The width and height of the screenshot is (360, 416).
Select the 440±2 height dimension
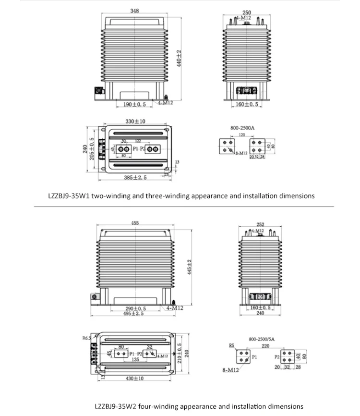pyautogui.click(x=179, y=59)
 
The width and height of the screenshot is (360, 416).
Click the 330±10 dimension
pyautogui.click(x=135, y=122)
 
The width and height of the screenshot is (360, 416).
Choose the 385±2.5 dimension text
pyautogui.click(x=134, y=178)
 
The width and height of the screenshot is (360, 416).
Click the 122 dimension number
pyautogui.click(x=138, y=141)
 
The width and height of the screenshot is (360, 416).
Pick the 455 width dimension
pyautogui.click(x=136, y=222)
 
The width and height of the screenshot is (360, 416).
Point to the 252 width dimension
pyautogui.click(x=260, y=224)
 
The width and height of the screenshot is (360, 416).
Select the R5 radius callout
pyautogui.click(x=231, y=345)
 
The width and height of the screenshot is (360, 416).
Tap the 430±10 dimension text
pyautogui.click(x=135, y=379)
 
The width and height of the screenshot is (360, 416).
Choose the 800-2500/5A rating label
pyautogui.click(x=261, y=339)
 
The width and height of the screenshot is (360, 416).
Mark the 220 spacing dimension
pyautogui.click(x=265, y=345)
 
